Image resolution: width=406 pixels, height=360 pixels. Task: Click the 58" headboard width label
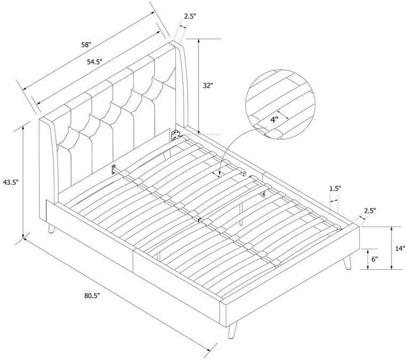point(86,45)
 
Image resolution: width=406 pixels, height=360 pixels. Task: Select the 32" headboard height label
point(208,85)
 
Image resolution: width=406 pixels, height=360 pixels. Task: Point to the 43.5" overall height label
point(11,182)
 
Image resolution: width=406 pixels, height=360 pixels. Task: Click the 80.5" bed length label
point(92,295)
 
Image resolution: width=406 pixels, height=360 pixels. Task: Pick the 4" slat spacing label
point(274,120)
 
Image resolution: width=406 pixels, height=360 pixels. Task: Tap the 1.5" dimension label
point(336,189)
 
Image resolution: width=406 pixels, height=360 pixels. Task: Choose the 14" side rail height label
point(400,248)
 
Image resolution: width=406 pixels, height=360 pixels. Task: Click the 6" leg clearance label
point(375,259)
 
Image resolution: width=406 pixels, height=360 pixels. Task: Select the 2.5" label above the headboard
point(190,17)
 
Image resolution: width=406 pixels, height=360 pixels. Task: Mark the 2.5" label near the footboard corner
point(370,211)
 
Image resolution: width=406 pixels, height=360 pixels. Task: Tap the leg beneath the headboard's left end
point(52,229)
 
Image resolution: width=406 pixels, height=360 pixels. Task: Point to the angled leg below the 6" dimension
point(347,262)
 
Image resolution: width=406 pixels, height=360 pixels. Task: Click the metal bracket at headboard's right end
point(176,135)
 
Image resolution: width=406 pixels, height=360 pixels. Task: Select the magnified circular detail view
point(280,104)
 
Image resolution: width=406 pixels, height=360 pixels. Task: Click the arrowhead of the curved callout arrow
point(219,175)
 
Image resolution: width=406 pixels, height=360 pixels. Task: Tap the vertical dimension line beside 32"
point(198,87)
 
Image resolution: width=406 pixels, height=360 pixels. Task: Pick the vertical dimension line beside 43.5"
point(23,182)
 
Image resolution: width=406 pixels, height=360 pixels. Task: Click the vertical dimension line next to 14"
point(392,248)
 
